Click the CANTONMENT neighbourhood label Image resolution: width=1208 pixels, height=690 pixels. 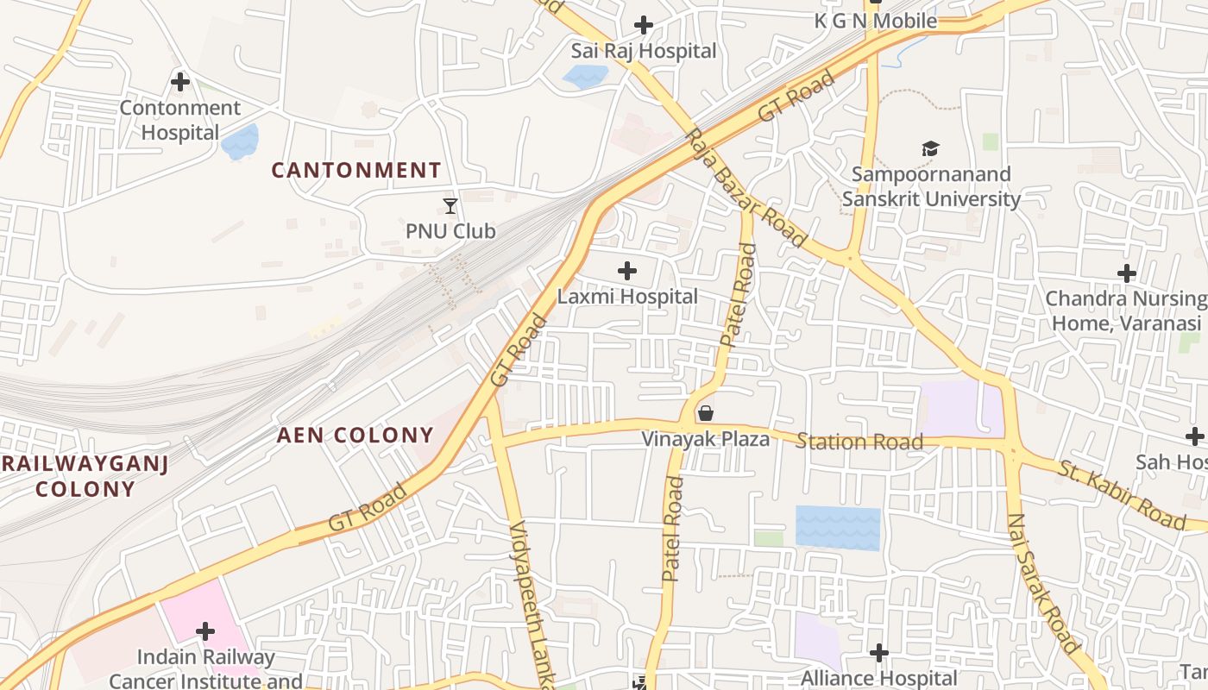pos(356,170)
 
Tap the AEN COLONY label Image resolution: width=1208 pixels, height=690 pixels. pos(355,435)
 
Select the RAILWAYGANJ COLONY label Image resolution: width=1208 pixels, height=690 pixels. pos(85,476)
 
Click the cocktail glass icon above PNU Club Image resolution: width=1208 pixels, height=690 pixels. pos(450,205)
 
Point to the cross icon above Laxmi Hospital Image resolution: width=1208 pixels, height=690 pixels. pos(627,271)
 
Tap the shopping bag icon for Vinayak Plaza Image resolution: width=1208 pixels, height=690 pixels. pos(706,413)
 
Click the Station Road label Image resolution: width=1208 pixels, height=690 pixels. pos(859,442)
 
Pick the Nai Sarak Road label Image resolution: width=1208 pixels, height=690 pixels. pos(1042,583)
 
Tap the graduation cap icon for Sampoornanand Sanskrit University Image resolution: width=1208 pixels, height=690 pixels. pos(930,148)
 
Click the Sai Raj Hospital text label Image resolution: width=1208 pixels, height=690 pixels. pos(644,51)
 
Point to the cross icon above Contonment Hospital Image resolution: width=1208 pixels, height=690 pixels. pos(180,82)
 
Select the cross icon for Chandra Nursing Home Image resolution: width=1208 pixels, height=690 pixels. pos(1126,273)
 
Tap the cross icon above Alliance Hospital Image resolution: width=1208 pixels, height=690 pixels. pos(878,653)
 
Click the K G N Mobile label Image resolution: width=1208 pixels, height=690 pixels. pos(876,21)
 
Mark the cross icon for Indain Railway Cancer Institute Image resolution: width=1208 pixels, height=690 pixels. pos(205,631)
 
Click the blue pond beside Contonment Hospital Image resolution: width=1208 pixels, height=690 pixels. pos(240,141)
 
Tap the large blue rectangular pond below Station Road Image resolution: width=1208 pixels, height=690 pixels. pos(838,527)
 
